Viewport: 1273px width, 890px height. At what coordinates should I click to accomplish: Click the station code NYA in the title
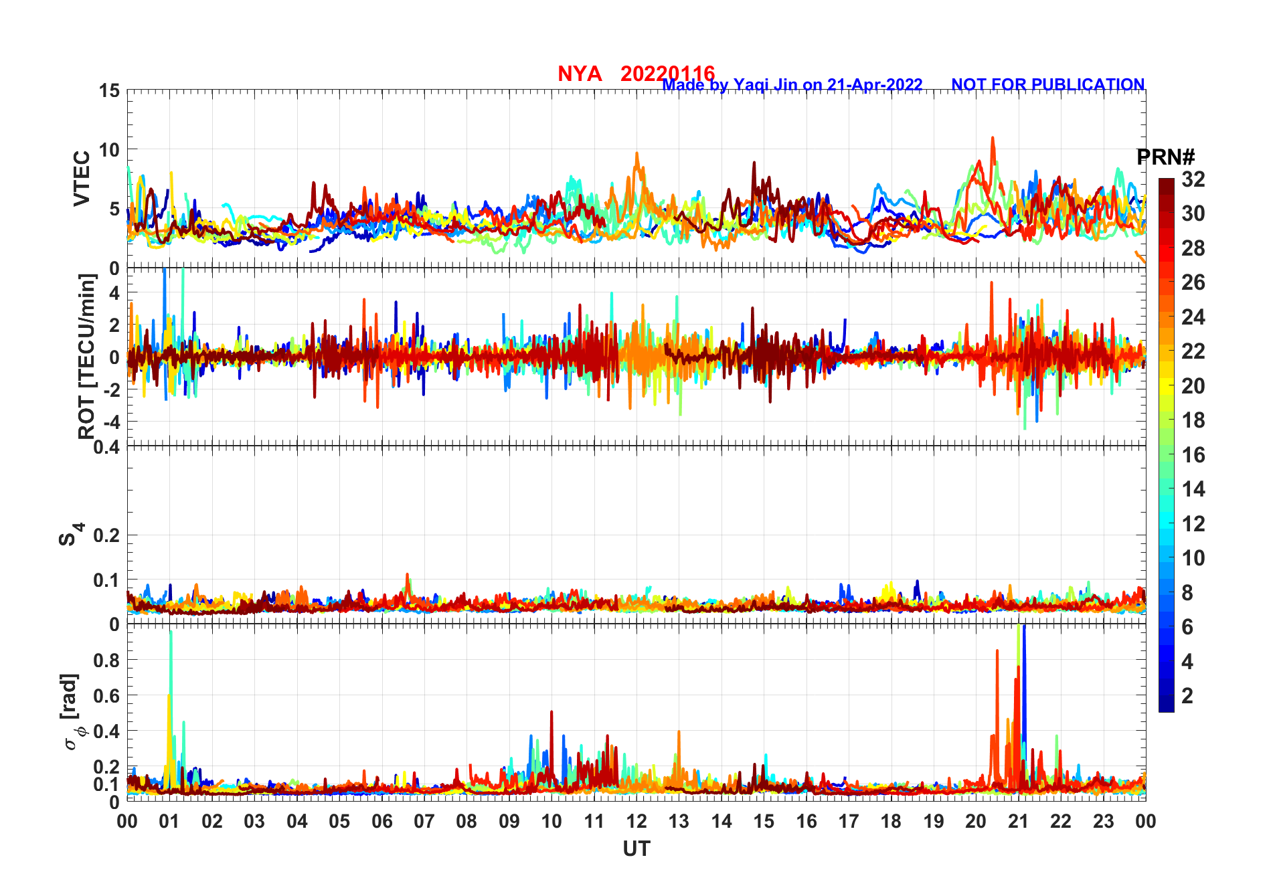tap(580, 74)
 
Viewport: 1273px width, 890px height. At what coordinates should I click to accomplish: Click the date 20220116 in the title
tap(667, 73)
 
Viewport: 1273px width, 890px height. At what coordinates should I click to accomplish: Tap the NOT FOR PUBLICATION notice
tap(1047, 85)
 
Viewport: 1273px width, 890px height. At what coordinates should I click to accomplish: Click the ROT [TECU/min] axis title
tap(87, 356)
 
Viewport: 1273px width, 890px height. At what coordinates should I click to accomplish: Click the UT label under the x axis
tap(636, 849)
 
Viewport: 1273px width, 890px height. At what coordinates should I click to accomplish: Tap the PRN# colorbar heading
tap(1165, 157)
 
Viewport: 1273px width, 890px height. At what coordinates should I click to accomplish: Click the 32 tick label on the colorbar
tap(1193, 179)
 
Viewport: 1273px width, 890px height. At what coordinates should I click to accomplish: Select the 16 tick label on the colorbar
tap(1193, 455)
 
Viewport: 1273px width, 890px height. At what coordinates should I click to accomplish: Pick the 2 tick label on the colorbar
tap(1187, 696)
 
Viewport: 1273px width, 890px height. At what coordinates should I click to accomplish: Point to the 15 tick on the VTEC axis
tap(110, 91)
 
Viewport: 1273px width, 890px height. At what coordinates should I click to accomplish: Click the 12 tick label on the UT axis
tap(636, 821)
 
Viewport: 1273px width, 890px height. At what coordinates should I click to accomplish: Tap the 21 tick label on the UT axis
tap(1018, 821)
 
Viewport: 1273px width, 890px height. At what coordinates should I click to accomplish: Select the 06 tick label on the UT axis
tap(381, 821)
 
